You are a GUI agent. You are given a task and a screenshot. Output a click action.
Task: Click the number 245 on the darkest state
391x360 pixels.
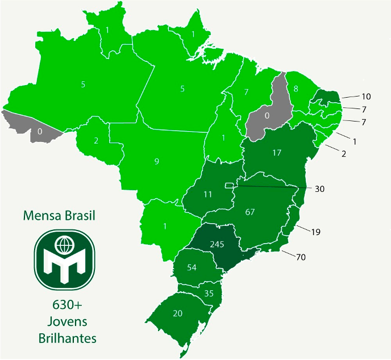[217, 245]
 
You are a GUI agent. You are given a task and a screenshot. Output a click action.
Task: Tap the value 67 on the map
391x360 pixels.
[250, 212]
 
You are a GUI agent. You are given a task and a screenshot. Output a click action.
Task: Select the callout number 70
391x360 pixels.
[301, 257]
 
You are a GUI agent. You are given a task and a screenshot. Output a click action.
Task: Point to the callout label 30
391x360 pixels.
[319, 189]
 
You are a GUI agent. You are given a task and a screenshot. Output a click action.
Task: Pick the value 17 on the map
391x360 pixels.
[277, 153]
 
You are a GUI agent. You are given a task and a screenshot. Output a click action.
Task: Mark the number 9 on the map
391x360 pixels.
[156, 162]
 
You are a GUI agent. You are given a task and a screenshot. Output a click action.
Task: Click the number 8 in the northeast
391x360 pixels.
[296, 89]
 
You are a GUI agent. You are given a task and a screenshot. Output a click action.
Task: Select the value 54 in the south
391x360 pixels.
[192, 267]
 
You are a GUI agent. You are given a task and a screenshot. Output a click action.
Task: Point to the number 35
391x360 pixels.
[209, 294]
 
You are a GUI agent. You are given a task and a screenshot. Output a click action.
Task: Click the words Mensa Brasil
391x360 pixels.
[59, 216]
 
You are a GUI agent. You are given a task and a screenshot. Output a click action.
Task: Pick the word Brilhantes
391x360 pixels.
[67, 338]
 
